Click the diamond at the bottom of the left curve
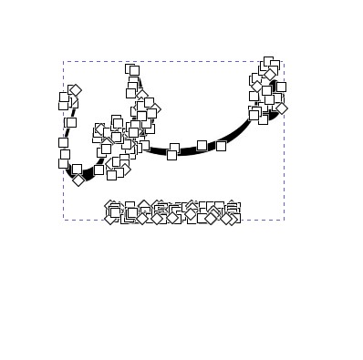point(78,180)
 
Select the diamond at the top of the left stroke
point(75,90)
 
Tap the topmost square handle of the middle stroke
point(133,70)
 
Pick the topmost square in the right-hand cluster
point(268,62)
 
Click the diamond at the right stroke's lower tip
point(281,108)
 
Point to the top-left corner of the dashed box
point(63,61)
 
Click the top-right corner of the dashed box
point(284,61)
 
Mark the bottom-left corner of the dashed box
point(63,220)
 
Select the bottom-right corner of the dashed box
point(284,220)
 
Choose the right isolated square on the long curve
point(221,145)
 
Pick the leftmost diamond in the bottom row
point(111,218)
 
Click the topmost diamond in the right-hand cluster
point(270,74)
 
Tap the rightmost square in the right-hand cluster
point(281,87)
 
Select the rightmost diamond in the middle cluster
point(155,109)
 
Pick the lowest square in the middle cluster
point(111,175)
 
